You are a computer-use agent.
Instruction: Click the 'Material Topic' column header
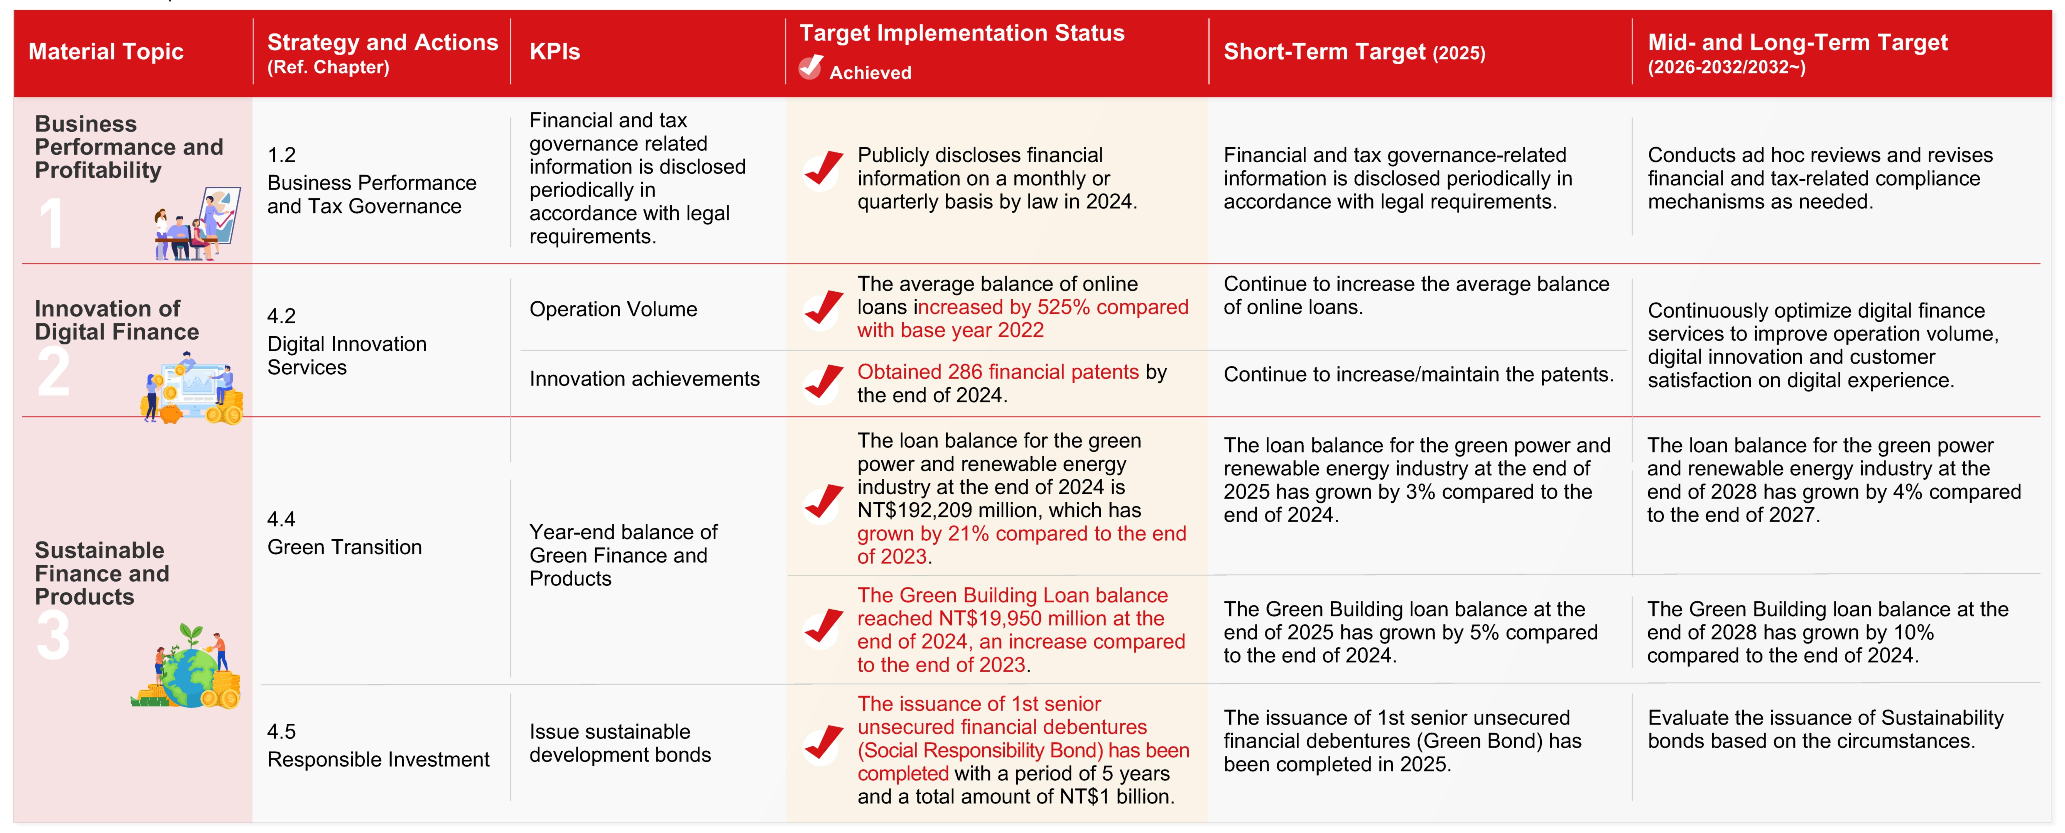[106, 52]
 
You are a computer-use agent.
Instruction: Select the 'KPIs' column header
[555, 52]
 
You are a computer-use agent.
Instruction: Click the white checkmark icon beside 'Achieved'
[810, 67]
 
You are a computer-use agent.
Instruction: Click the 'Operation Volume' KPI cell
[613, 309]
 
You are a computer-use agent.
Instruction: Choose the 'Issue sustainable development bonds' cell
[620, 743]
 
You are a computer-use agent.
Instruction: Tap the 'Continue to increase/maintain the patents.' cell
[1417, 374]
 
